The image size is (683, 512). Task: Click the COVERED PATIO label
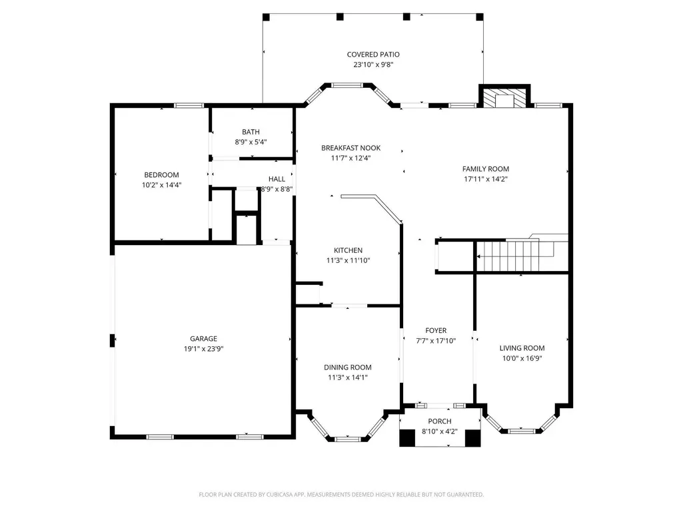point(373,55)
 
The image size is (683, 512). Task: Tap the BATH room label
point(251,132)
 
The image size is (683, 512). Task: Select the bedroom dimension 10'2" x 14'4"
point(162,185)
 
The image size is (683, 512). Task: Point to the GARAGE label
point(203,339)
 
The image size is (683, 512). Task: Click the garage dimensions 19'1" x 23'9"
point(203,349)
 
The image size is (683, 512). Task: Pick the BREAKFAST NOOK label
point(350,148)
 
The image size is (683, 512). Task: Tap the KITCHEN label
point(348,250)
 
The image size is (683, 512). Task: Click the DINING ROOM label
point(348,368)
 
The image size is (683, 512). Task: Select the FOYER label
point(436,330)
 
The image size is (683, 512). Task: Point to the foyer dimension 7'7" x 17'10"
point(436,341)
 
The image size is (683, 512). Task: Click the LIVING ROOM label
point(522,348)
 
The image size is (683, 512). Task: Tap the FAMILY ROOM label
point(486,169)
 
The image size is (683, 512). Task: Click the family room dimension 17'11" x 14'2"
point(486,179)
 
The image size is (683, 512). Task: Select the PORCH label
point(440,421)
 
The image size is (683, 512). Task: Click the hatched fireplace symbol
point(505,99)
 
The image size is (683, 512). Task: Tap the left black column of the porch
point(407,438)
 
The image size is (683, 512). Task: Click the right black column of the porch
point(472,438)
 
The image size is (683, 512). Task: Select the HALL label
point(277,179)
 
